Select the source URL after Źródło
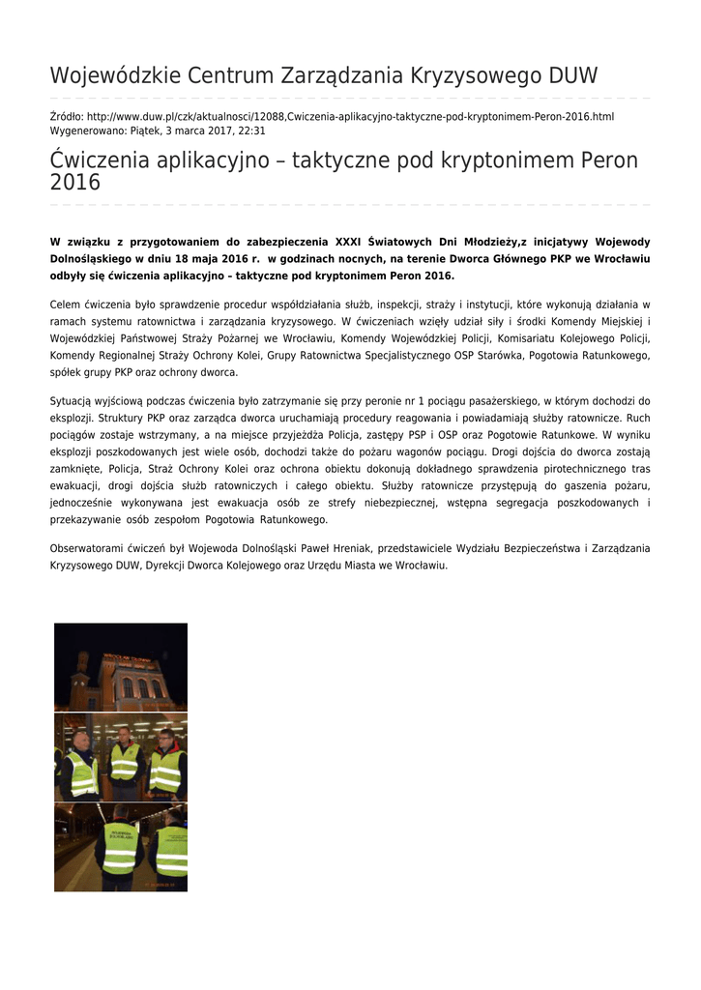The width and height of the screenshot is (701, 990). tap(350, 116)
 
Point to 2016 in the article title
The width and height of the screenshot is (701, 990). tap(74, 183)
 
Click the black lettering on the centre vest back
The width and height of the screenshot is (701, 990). tap(121, 830)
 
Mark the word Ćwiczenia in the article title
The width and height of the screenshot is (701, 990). tap(98, 160)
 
